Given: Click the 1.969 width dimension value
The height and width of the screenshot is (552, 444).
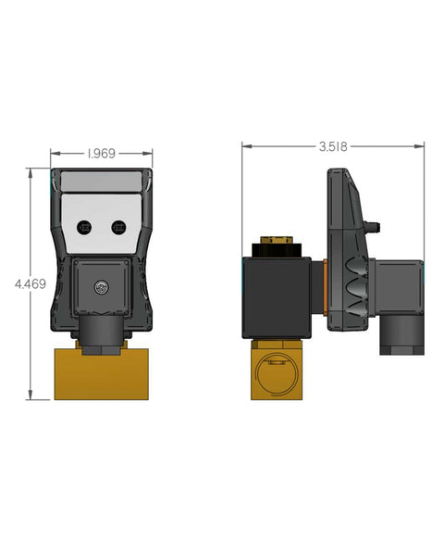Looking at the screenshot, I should pos(101,153).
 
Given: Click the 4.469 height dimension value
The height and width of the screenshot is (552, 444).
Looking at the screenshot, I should pos(30,284).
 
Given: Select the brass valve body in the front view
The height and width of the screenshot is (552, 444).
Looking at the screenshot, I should pos(101,372).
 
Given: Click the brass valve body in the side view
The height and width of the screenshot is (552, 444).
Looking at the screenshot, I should pos(277,370).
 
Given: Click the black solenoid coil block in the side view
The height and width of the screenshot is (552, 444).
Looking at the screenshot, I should pos(277,296).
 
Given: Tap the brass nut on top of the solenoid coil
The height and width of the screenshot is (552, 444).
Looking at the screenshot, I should pos(275,245).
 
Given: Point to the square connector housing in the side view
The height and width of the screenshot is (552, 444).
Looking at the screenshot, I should pos(396,287).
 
